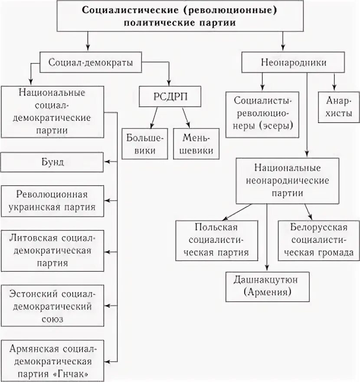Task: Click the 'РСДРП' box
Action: pos(170,96)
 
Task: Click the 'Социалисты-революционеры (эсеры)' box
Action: pos(263,114)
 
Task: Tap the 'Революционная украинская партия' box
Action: pos(52,201)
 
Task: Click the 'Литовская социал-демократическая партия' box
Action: pos(52,251)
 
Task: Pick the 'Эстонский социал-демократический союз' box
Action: pos(52,306)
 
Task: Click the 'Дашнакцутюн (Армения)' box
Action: pos(267,286)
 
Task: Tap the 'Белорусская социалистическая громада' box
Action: pos(319,240)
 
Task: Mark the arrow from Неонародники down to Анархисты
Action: pos(334,80)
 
